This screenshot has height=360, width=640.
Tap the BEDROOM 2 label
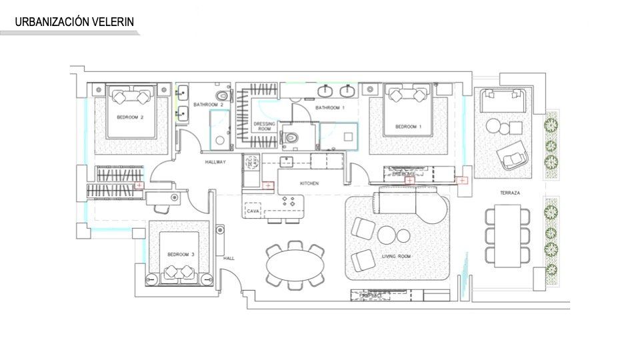[x=131, y=117]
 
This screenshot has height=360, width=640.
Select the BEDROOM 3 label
[x=181, y=255]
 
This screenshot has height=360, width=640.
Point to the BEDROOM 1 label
[x=407, y=127]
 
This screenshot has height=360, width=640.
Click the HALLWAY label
[x=215, y=162]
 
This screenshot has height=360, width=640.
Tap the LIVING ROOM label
[x=396, y=256]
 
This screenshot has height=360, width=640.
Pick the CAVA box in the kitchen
[x=253, y=210]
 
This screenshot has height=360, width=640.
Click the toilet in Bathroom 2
[x=223, y=97]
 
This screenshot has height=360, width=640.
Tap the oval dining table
[x=296, y=267]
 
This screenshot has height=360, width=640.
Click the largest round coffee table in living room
[x=386, y=235]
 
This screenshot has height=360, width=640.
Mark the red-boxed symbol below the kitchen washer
[x=267, y=185]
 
